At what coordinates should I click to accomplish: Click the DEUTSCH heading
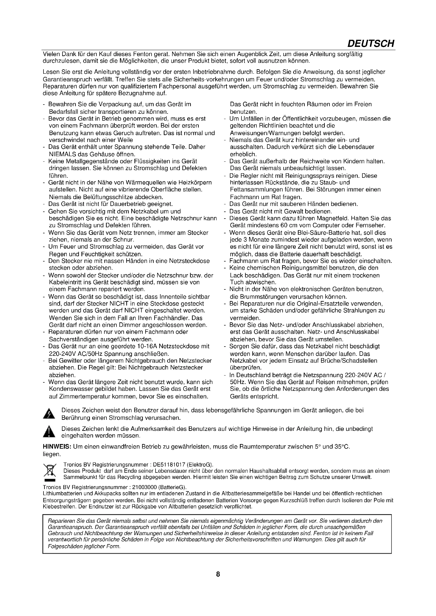[x=371, y=43]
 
